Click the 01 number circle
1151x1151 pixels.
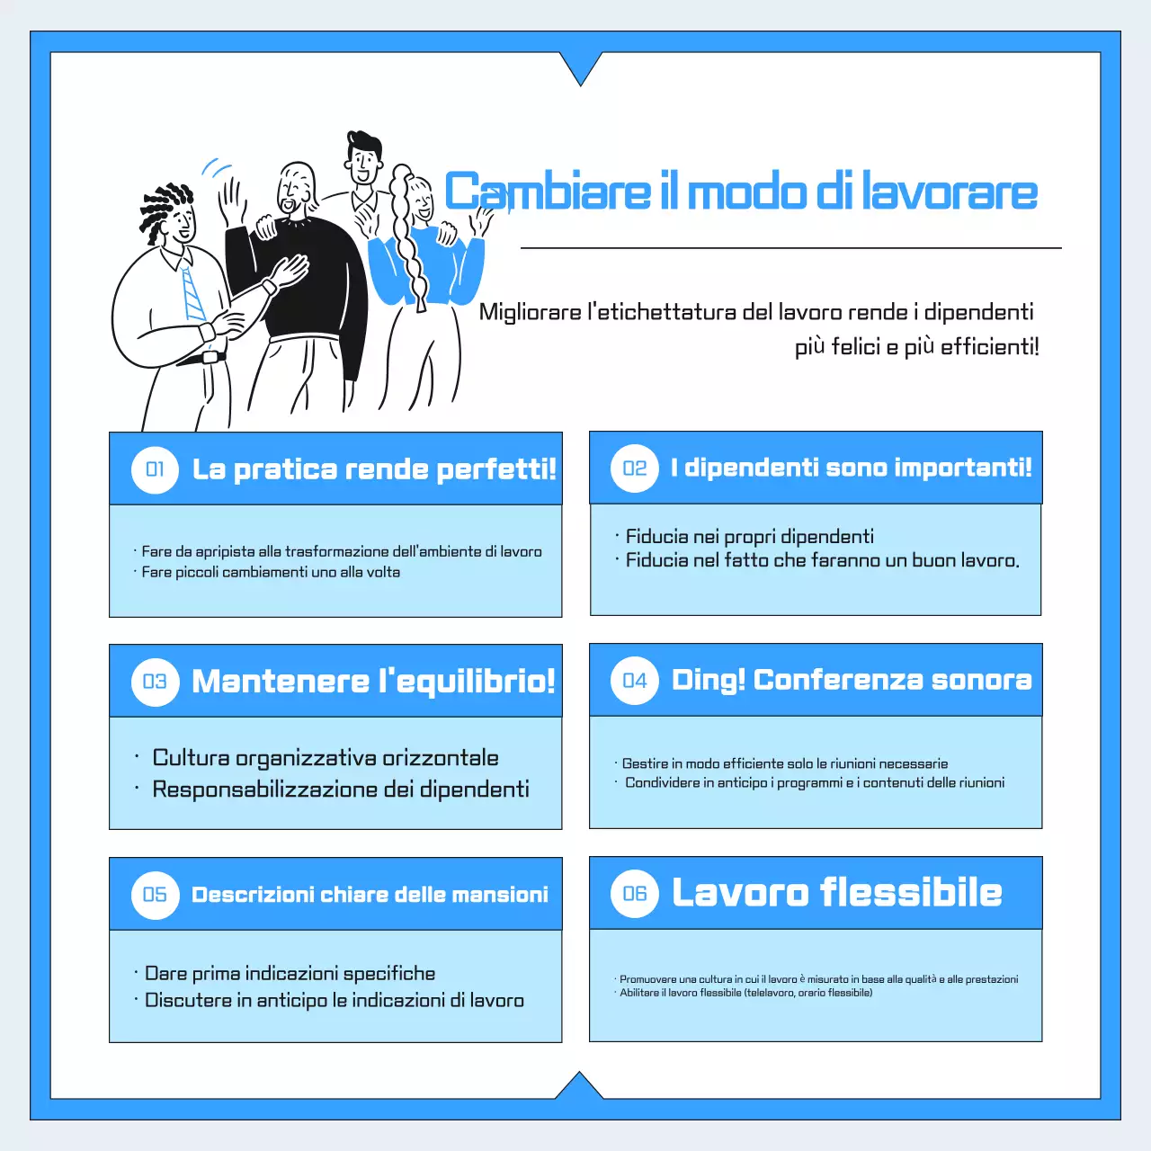pyautogui.click(x=155, y=469)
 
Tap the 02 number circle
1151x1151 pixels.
pyautogui.click(x=635, y=468)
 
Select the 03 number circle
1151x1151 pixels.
pyautogui.click(x=155, y=682)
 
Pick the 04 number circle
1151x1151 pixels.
pyautogui.click(x=635, y=681)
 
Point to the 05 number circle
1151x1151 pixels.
pyautogui.click(x=155, y=895)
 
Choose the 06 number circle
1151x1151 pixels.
pyautogui.click(x=635, y=893)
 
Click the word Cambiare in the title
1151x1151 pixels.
pyautogui.click(x=547, y=192)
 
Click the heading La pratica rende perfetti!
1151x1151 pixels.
pyautogui.click(x=374, y=469)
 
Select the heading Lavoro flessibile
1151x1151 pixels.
pyautogui.click(x=836, y=893)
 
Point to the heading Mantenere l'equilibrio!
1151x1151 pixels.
pyautogui.click(x=373, y=682)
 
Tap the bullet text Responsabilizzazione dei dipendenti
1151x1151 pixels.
pyautogui.click(x=340, y=790)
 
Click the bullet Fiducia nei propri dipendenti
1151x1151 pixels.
pyautogui.click(x=749, y=537)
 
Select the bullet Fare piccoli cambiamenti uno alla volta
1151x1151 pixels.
pyautogui.click(x=270, y=572)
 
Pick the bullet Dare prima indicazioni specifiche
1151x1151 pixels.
pyautogui.click(x=290, y=974)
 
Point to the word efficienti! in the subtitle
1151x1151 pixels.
pyautogui.click(x=989, y=347)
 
